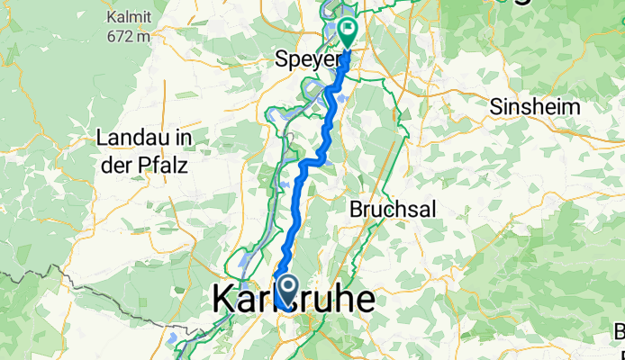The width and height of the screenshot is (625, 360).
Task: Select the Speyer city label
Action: pos(305,62)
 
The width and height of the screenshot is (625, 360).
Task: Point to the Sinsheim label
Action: pos(534,106)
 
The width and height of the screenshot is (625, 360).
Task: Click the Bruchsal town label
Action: pos(392,209)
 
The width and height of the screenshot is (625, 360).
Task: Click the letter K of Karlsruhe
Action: pos(223,301)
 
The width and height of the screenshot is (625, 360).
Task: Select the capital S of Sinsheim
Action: pos(496,106)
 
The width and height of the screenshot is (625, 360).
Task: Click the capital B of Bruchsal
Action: pos(355,209)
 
